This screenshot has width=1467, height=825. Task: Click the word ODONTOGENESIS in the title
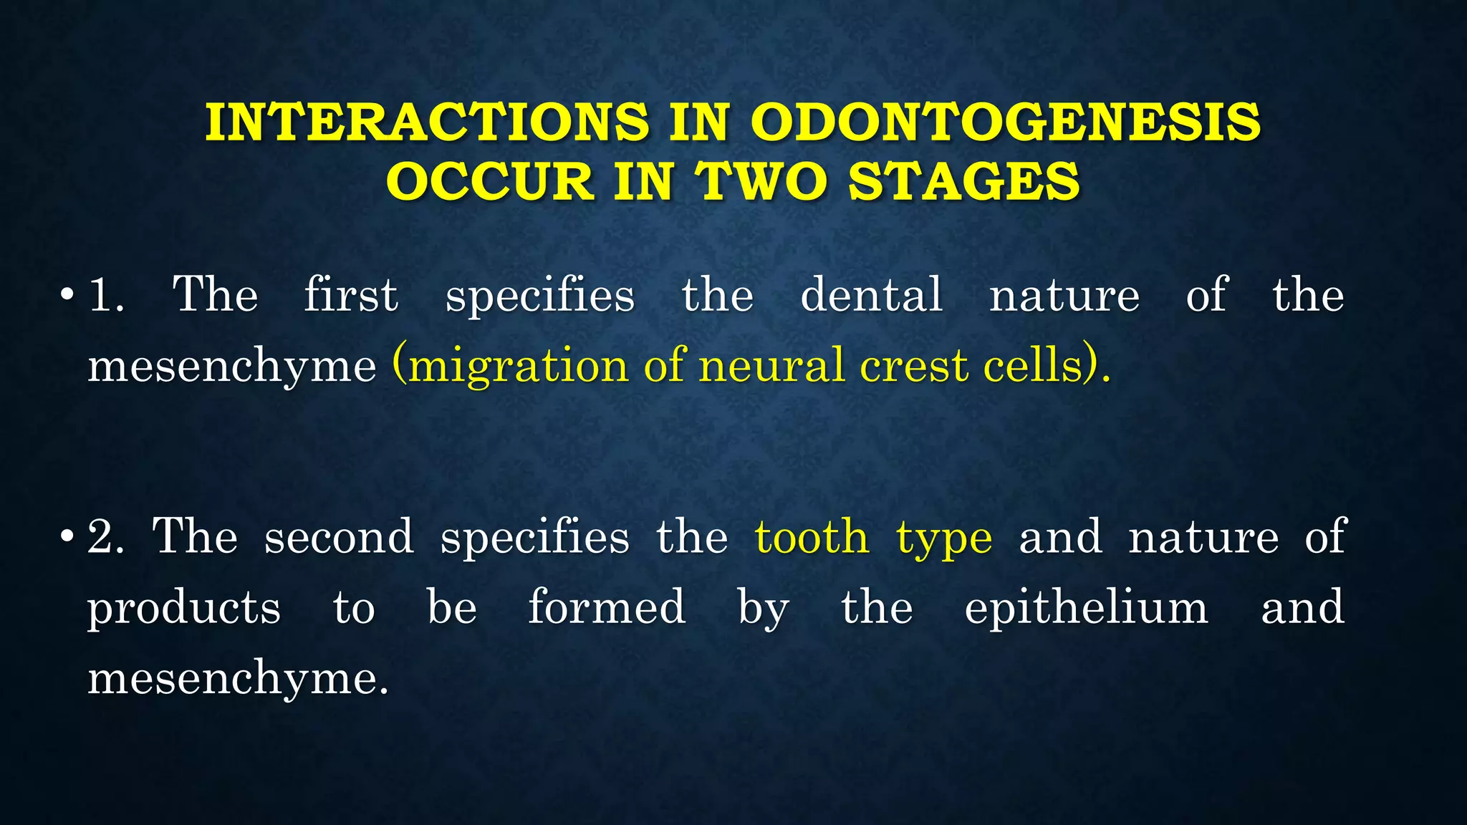[x=1005, y=122]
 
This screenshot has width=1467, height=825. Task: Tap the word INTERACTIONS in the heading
[x=428, y=122]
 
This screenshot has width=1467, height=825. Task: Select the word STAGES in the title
[x=963, y=180]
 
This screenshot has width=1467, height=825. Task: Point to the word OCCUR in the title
[x=491, y=180]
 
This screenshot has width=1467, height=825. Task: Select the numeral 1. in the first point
[x=105, y=294]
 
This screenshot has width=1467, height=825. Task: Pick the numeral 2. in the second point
[x=105, y=536]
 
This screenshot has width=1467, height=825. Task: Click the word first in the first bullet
[x=351, y=294]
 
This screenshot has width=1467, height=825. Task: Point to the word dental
[x=871, y=294]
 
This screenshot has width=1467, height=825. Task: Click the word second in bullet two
[x=339, y=536]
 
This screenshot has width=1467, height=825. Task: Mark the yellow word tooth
[x=812, y=536]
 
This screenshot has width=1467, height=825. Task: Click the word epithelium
[x=1087, y=607]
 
